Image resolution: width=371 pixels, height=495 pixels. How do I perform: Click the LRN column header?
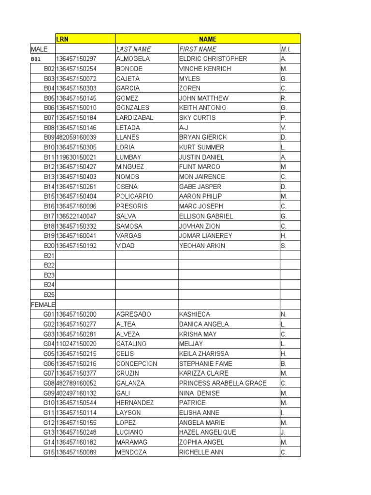click(62, 39)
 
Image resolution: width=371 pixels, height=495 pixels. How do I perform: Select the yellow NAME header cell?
click(208, 39)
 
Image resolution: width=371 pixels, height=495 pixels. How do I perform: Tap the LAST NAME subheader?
click(134, 49)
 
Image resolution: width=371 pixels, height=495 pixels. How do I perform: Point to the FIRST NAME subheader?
click(198, 49)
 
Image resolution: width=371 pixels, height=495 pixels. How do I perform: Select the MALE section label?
click(39, 49)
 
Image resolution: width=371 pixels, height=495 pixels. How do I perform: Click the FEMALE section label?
click(43, 305)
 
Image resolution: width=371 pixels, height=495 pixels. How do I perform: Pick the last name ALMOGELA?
click(133, 59)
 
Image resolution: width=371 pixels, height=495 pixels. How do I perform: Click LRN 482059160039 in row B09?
click(76, 137)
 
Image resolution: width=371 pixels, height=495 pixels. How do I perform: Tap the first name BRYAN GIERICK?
click(203, 137)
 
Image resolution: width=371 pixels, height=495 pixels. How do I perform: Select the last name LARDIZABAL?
click(135, 118)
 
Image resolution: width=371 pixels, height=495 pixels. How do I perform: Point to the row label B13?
click(49, 177)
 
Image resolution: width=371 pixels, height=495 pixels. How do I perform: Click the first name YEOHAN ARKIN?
click(202, 246)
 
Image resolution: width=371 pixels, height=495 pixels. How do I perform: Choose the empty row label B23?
click(49, 275)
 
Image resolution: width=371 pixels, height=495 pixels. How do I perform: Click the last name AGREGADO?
click(134, 314)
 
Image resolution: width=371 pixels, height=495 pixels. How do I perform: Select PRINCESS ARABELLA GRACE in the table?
click(223, 383)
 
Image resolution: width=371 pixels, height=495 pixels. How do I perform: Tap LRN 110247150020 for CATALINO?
click(76, 344)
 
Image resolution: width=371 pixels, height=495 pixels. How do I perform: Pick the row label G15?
click(49, 452)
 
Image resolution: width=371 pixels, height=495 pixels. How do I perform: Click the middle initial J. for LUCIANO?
click(283, 432)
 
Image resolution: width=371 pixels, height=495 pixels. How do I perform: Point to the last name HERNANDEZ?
click(135, 403)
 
